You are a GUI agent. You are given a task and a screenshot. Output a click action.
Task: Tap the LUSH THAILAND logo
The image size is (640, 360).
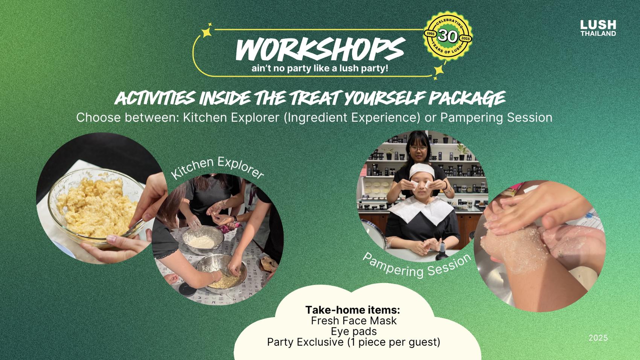[x=598, y=28]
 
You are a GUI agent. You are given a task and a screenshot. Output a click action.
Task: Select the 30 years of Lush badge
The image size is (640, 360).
[x=448, y=36]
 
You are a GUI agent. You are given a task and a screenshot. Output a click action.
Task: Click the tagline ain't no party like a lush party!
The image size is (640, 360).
[x=320, y=69]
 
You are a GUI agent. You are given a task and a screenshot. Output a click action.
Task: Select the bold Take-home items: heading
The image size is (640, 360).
[x=353, y=310]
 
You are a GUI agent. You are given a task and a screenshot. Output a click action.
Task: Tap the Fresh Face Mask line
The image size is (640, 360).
[x=354, y=320]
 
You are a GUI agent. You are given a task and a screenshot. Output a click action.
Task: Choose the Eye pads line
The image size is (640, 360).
[x=354, y=331]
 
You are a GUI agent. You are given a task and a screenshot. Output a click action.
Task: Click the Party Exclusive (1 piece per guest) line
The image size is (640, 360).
[x=354, y=342]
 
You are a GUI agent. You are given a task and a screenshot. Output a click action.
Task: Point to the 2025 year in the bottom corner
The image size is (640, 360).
[x=598, y=338]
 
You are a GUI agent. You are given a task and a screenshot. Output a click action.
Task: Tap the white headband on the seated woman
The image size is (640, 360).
[x=422, y=171]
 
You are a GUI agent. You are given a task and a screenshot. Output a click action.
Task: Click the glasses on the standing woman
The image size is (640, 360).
[x=419, y=148]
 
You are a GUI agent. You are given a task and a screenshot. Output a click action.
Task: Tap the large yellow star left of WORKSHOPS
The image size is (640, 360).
[x=207, y=32]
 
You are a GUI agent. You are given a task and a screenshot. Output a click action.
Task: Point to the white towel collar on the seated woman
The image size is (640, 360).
[x=421, y=209]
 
